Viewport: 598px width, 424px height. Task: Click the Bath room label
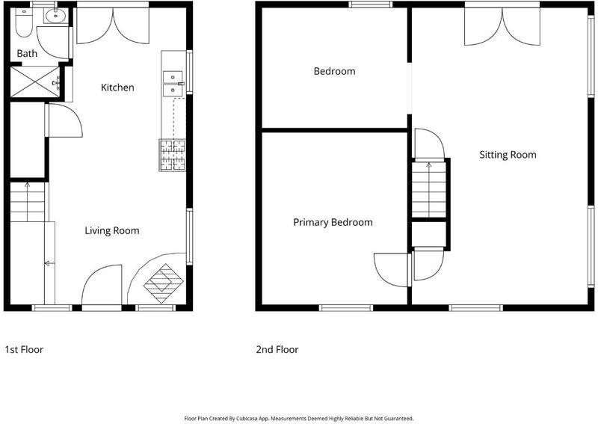[27, 53]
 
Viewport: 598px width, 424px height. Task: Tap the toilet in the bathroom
[24, 22]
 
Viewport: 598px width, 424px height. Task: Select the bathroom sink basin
[55, 16]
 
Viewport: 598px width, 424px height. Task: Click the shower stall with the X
[35, 82]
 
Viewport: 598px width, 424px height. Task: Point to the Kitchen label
[117, 87]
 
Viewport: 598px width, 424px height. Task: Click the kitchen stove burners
[173, 155]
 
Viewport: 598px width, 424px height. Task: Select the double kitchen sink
[173, 84]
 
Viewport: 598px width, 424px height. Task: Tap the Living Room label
[112, 230]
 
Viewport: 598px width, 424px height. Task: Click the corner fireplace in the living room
[163, 283]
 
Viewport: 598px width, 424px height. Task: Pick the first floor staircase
[28, 202]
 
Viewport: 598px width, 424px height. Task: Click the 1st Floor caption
[24, 349]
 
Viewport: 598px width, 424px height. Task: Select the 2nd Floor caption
[277, 349]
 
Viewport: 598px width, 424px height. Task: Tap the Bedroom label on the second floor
[334, 71]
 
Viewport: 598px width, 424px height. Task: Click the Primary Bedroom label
[333, 223]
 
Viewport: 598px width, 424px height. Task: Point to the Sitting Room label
[508, 155]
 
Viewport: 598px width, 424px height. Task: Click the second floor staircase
[429, 190]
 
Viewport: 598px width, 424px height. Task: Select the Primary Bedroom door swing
[391, 270]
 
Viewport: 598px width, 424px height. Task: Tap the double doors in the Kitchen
[113, 25]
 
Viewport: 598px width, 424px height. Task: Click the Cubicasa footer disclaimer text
[299, 419]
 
